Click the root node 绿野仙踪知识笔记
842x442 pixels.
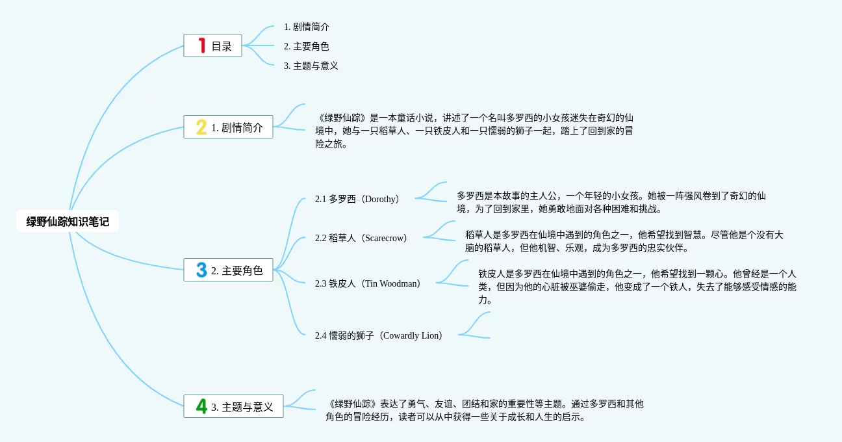point(68,222)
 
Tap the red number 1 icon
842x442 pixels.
point(202,45)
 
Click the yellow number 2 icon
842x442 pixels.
point(201,127)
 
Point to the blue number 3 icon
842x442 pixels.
point(201,270)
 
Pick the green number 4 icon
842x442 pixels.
point(201,406)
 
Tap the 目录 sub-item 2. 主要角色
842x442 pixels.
point(306,46)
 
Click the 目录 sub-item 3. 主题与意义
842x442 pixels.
point(311,66)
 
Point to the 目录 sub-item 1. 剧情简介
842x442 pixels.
point(306,27)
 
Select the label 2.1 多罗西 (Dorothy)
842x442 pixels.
point(358,199)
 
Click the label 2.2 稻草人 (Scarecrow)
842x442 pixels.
point(362,238)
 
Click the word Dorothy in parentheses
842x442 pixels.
point(381,199)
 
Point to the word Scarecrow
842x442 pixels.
point(385,238)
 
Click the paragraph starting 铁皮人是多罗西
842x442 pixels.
point(637,287)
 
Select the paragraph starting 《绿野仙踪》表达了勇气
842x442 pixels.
point(485,410)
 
